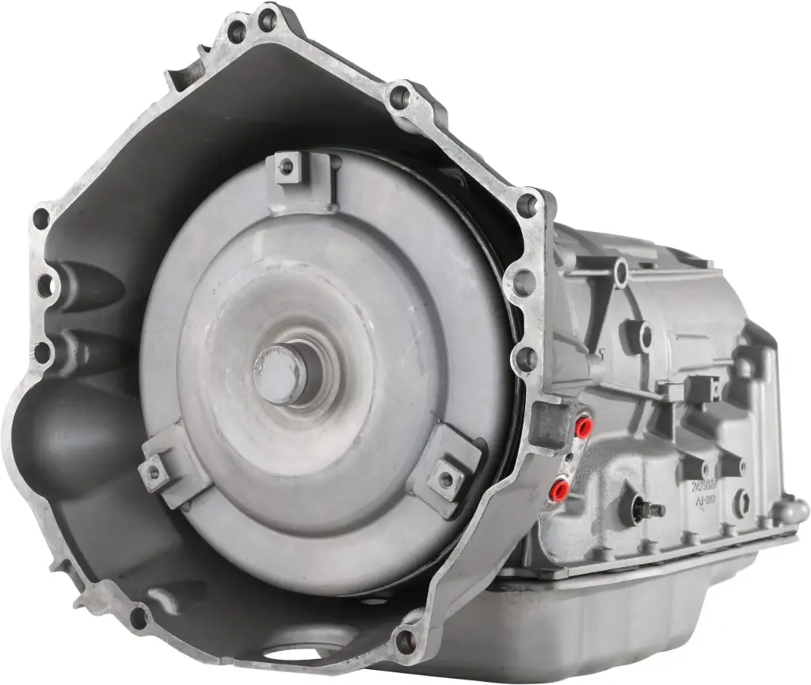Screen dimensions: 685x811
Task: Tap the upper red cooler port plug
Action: click(x=583, y=428)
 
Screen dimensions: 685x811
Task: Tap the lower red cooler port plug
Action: click(x=559, y=489)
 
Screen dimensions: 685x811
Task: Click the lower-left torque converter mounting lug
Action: click(x=154, y=472)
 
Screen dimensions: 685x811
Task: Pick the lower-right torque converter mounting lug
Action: click(x=446, y=478)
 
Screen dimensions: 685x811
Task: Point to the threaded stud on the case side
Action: click(x=652, y=511)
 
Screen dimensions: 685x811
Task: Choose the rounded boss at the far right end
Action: click(x=792, y=511)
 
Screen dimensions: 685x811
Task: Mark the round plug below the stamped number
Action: click(x=741, y=502)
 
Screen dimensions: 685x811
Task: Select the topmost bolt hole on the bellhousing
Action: click(x=267, y=20)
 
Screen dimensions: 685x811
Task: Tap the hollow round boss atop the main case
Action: click(x=621, y=272)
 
